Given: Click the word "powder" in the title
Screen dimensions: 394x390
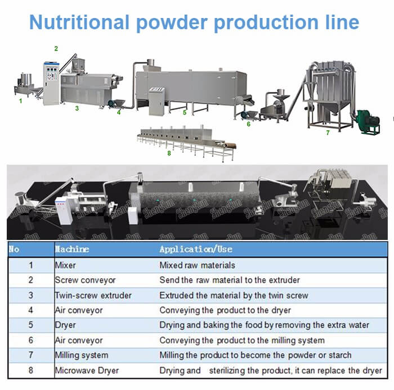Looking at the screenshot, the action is (x=172, y=22).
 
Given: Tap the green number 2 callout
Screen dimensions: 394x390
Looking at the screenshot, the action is (x=56, y=48).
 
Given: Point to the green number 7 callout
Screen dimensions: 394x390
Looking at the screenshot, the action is (x=328, y=132).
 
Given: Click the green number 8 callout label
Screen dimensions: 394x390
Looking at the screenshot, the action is (x=169, y=153).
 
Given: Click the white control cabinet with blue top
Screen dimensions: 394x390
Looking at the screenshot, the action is (x=51, y=83).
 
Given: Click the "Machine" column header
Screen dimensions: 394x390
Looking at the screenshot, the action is (x=72, y=249).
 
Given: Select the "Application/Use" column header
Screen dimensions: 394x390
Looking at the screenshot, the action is (x=196, y=250).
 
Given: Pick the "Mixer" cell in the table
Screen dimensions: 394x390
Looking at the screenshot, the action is (x=65, y=265).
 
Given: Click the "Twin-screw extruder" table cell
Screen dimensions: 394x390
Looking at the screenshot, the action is (x=93, y=295).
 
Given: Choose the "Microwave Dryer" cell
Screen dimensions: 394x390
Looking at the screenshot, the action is (x=87, y=370).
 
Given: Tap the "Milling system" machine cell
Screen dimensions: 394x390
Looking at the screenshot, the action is (x=82, y=355).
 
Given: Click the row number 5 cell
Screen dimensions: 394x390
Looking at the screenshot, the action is (x=30, y=325).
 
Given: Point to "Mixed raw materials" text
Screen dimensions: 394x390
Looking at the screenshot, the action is (x=197, y=265).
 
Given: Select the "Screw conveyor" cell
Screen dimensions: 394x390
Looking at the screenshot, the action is (x=85, y=280).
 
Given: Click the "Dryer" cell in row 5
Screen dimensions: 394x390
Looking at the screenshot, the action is (x=65, y=325).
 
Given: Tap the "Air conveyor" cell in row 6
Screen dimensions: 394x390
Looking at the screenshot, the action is (x=79, y=341).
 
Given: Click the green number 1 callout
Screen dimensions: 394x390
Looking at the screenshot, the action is (x=21, y=101).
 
